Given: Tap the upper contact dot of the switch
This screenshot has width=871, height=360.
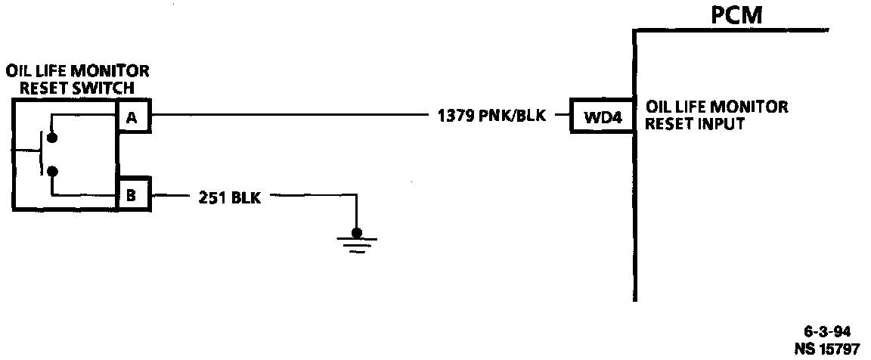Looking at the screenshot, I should tap(51, 138).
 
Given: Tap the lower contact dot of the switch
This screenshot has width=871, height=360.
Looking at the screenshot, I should tap(51, 172).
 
